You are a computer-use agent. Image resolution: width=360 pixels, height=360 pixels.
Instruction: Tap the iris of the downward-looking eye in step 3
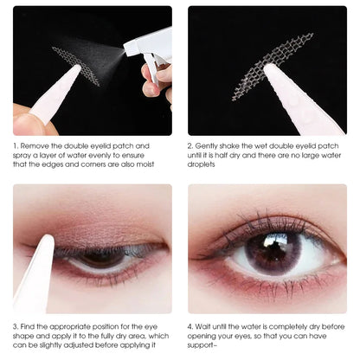(102, 258)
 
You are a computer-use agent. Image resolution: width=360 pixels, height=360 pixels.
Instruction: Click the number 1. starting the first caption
(17, 147)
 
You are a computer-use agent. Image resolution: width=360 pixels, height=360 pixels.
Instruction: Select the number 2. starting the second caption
(193, 147)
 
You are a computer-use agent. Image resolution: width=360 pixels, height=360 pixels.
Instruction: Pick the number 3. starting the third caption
(17, 326)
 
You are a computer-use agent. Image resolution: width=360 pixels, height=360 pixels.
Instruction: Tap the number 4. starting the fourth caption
(193, 326)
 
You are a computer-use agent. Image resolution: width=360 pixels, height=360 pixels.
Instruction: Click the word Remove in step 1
(38, 147)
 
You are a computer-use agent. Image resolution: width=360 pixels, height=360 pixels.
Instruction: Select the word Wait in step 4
(209, 326)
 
